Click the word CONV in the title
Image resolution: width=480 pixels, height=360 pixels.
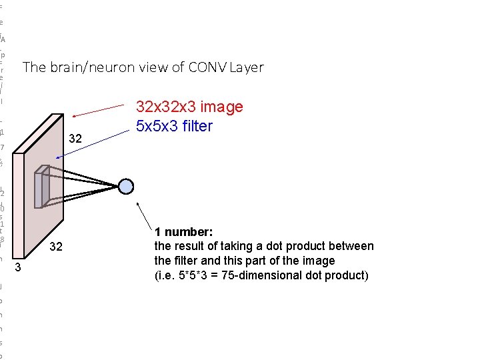(207, 67)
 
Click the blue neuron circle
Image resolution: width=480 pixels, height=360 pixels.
(126, 187)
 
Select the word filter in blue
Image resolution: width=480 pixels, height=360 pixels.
(195, 126)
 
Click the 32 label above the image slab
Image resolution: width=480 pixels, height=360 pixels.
(75, 139)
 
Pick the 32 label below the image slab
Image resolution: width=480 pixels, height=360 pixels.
(57, 247)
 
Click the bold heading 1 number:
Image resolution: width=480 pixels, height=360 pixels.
(183, 232)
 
